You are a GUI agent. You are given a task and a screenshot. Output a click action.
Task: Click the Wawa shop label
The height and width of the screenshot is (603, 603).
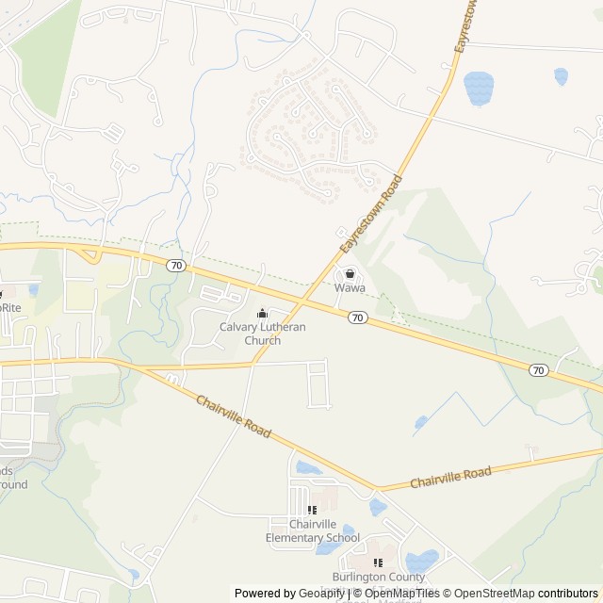tap(350, 289)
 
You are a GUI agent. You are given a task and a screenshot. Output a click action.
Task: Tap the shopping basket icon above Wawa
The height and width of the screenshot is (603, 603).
tap(350, 273)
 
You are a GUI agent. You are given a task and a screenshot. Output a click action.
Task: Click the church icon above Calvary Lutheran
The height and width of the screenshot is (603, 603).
tap(263, 314)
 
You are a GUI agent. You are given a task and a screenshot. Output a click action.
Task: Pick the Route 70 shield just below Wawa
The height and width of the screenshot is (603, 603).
tap(357, 318)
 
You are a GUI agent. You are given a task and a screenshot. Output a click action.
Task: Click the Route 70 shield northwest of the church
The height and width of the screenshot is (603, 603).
tap(176, 266)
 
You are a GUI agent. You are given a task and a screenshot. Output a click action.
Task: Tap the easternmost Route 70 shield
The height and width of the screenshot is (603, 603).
tap(538, 370)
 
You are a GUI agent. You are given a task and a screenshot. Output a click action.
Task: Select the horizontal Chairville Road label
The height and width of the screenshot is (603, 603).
tap(450, 478)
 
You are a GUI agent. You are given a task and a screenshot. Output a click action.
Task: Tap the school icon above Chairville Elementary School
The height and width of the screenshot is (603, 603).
tap(312, 511)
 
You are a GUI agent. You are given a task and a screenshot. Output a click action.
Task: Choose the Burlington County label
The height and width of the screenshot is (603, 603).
tap(378, 577)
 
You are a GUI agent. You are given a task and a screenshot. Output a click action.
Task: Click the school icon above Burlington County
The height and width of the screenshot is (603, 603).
tap(378, 562)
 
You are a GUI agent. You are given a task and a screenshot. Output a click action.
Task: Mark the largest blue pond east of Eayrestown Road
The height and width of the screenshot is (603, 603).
tap(479, 88)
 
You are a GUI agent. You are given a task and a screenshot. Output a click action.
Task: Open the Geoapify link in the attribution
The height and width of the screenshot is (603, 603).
tap(321, 594)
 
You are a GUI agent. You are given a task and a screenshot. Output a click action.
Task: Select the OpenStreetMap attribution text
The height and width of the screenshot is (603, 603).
tap(496, 594)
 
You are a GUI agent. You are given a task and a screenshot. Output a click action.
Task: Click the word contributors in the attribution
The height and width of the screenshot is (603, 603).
tap(568, 594)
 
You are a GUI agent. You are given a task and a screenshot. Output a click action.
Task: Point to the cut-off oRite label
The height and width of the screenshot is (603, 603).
tap(9, 307)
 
